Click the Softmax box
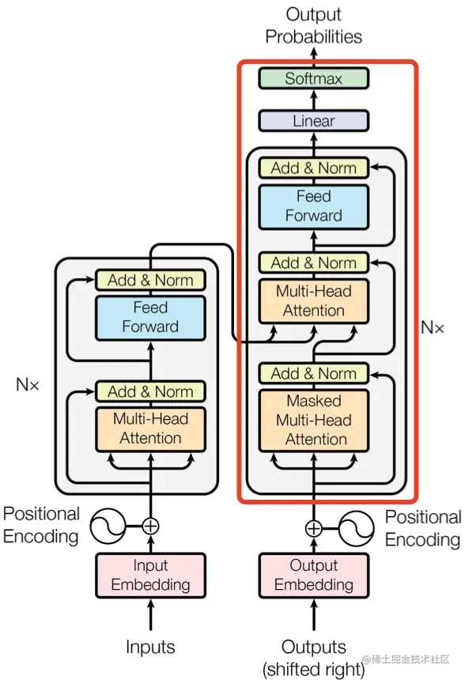coord(313,78)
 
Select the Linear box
coord(313,121)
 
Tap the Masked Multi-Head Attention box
coord(313,420)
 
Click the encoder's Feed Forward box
coord(150,316)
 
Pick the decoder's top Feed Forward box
coord(313,206)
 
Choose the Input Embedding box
coord(150,575)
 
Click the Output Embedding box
coord(313,575)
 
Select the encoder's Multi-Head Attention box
coord(150,429)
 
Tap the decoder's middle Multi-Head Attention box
coord(313,300)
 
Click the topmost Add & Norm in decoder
coord(313,168)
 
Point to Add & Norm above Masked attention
coord(313,373)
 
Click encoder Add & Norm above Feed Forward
coord(150,280)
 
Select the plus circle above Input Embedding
coord(150,525)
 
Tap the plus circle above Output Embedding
coord(314,528)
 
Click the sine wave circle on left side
coord(106,525)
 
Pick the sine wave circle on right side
coord(357,528)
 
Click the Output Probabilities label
coord(313,25)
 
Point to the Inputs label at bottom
coord(150,647)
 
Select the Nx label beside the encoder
coord(28,385)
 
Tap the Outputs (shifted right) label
coord(314,658)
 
